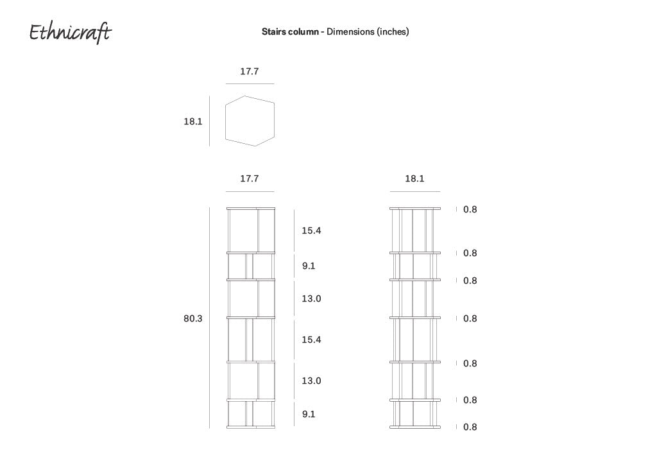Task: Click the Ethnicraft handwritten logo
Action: pos(69,33)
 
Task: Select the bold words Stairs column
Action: pos(289,31)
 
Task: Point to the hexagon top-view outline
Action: pos(250,121)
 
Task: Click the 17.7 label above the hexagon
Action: pos(249,71)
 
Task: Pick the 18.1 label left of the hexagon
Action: pos(192,121)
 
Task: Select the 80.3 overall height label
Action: pos(192,318)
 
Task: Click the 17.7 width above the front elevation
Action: pos(249,178)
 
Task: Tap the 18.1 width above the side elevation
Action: pos(414,178)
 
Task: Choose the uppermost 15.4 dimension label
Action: pos(311,230)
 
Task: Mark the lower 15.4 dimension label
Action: pos(311,340)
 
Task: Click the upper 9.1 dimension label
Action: pos(309,266)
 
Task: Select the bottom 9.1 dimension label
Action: pos(309,414)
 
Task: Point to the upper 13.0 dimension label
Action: pos(311,298)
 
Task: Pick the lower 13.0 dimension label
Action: pos(311,381)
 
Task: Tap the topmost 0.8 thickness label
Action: pos(470,209)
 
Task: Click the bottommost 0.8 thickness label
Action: pos(470,427)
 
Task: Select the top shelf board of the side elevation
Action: pos(414,209)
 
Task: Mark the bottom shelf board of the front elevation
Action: pos(250,427)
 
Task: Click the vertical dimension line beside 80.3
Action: pos(209,318)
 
